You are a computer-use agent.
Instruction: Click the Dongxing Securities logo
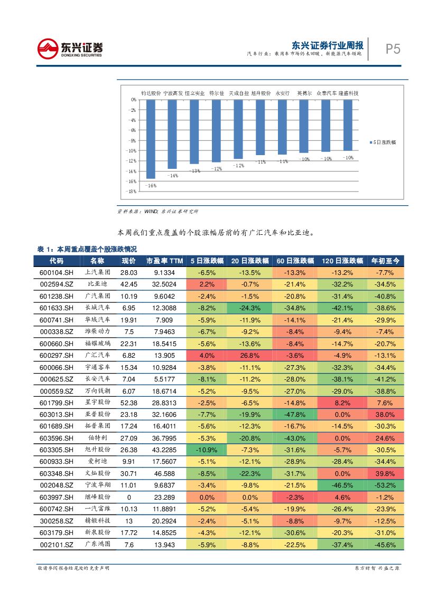pos(70,49)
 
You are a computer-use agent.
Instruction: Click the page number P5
pos(392,49)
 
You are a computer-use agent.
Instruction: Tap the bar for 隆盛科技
pos(348,125)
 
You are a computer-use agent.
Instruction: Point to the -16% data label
pos(151,185)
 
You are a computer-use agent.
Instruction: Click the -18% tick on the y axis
pos(133,192)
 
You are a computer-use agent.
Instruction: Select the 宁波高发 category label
pos(173,93)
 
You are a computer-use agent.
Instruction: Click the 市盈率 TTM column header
pos(164,261)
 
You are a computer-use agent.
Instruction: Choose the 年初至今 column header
pos(385,261)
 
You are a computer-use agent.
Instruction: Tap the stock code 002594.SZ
pos(57,284)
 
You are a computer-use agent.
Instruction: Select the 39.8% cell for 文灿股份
pos(385,473)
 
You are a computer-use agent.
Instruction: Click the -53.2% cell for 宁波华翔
pos(385,485)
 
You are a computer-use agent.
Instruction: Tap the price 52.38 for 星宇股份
pos(129,403)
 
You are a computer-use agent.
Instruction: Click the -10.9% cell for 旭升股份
pos(206,450)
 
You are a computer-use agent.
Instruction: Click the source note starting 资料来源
pos(157,211)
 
